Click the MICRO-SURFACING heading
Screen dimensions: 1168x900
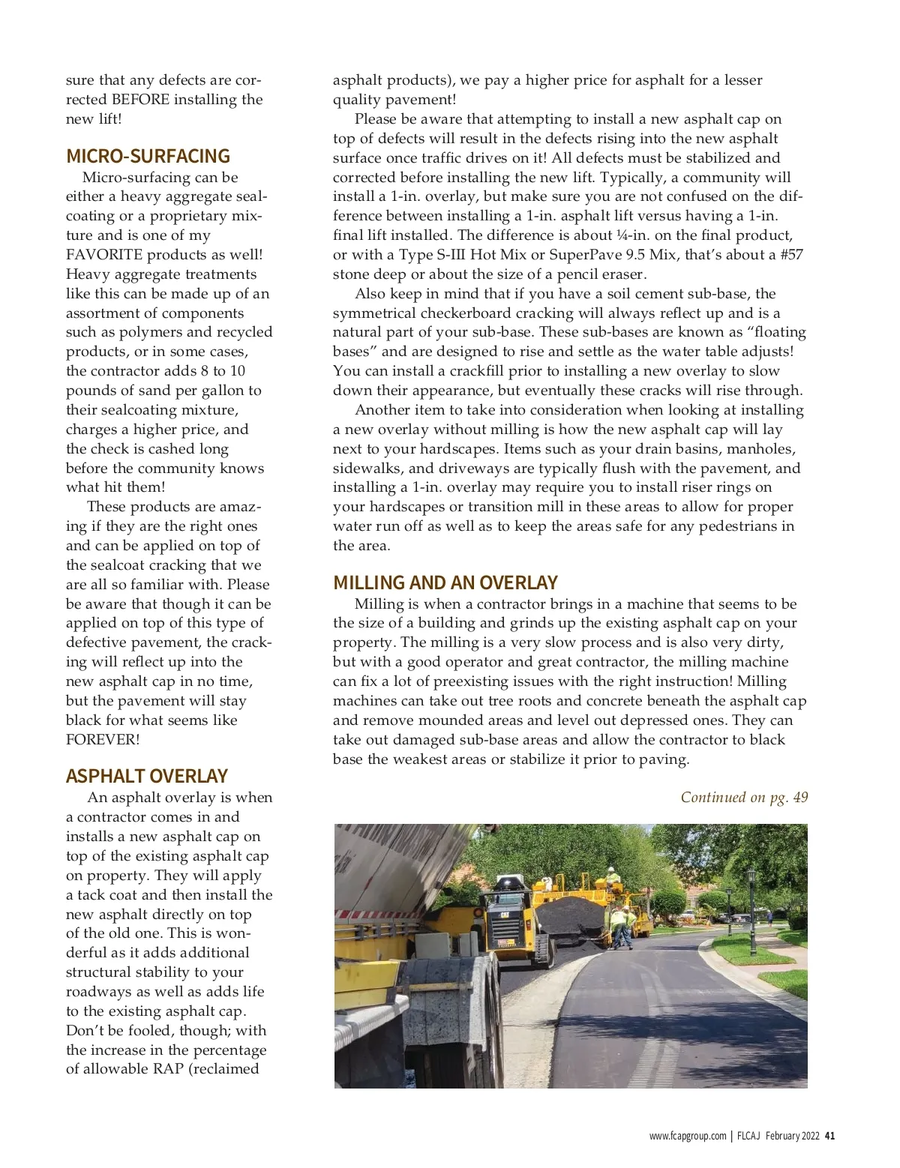coord(148,156)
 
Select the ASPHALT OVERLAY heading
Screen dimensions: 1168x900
coord(146,776)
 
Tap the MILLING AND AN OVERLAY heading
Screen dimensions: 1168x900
coord(445,583)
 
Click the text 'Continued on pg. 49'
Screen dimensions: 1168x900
coord(744,797)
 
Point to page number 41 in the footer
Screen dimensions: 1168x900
coord(829,1136)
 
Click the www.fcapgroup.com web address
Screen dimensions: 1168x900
coord(688,1136)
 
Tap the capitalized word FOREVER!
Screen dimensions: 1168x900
coord(103,740)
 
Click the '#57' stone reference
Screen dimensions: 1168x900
coord(791,255)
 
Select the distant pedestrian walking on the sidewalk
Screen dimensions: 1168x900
coord(769,918)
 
